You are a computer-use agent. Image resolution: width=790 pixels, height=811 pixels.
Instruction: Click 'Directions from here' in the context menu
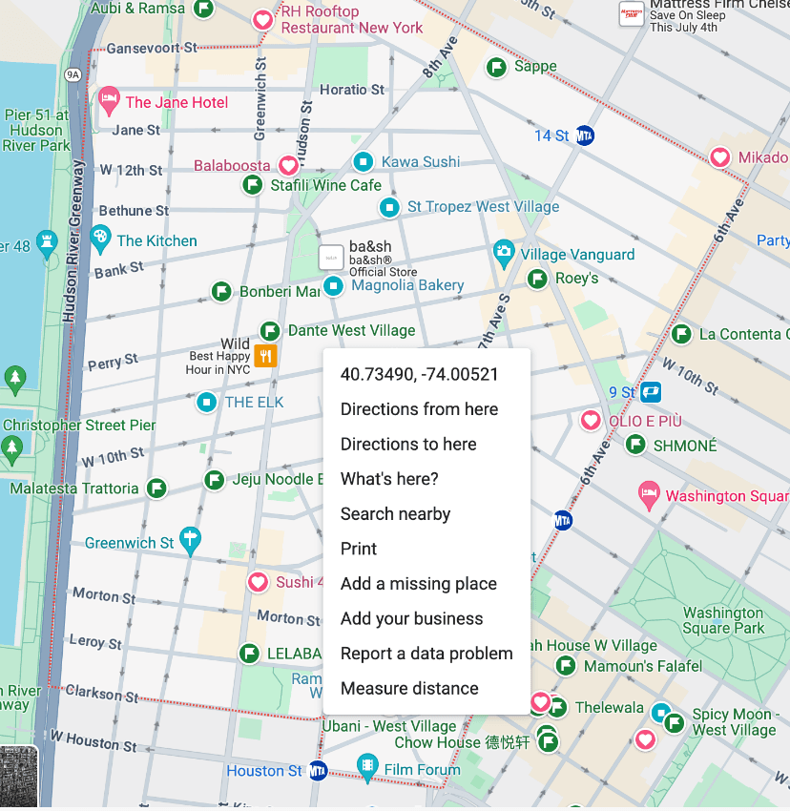pyautogui.click(x=419, y=409)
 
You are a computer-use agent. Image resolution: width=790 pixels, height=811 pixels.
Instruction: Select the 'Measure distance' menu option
pyautogui.click(x=409, y=689)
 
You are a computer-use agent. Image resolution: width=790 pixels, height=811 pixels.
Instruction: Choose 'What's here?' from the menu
pyautogui.click(x=389, y=479)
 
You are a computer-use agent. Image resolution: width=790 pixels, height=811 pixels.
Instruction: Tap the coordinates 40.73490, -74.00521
pyautogui.click(x=419, y=374)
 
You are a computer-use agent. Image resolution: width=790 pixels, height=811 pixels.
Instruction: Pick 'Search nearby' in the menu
pyautogui.click(x=395, y=514)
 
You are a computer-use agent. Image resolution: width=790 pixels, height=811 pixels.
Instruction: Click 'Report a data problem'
pyautogui.click(x=426, y=654)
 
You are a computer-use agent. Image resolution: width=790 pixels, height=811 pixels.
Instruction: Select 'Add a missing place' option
pyautogui.click(x=418, y=584)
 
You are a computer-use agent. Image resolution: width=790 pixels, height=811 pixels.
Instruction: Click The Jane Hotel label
pyautogui.click(x=177, y=102)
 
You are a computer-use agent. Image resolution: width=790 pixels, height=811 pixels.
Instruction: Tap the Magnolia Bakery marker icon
pyautogui.click(x=333, y=285)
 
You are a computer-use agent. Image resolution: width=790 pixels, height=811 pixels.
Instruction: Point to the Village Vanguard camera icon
pyautogui.click(x=504, y=255)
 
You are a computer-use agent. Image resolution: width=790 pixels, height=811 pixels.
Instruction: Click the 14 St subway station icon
pyautogui.click(x=586, y=136)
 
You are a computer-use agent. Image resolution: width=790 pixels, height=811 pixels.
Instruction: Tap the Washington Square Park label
pyautogui.click(x=723, y=620)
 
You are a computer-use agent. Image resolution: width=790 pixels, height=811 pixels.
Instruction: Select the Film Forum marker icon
pyautogui.click(x=367, y=768)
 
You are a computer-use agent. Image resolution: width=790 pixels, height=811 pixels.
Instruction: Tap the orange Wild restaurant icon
pyautogui.click(x=266, y=357)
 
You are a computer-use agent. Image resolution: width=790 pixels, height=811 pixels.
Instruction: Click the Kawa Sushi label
pyautogui.click(x=420, y=162)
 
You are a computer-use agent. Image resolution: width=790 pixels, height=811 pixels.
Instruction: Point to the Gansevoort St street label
pyautogui.click(x=151, y=48)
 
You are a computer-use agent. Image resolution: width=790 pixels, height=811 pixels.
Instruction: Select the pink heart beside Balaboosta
pyautogui.click(x=287, y=166)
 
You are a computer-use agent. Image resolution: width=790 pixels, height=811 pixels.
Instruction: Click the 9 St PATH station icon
pyautogui.click(x=652, y=392)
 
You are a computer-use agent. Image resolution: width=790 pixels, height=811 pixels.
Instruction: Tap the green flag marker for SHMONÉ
pyautogui.click(x=635, y=445)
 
